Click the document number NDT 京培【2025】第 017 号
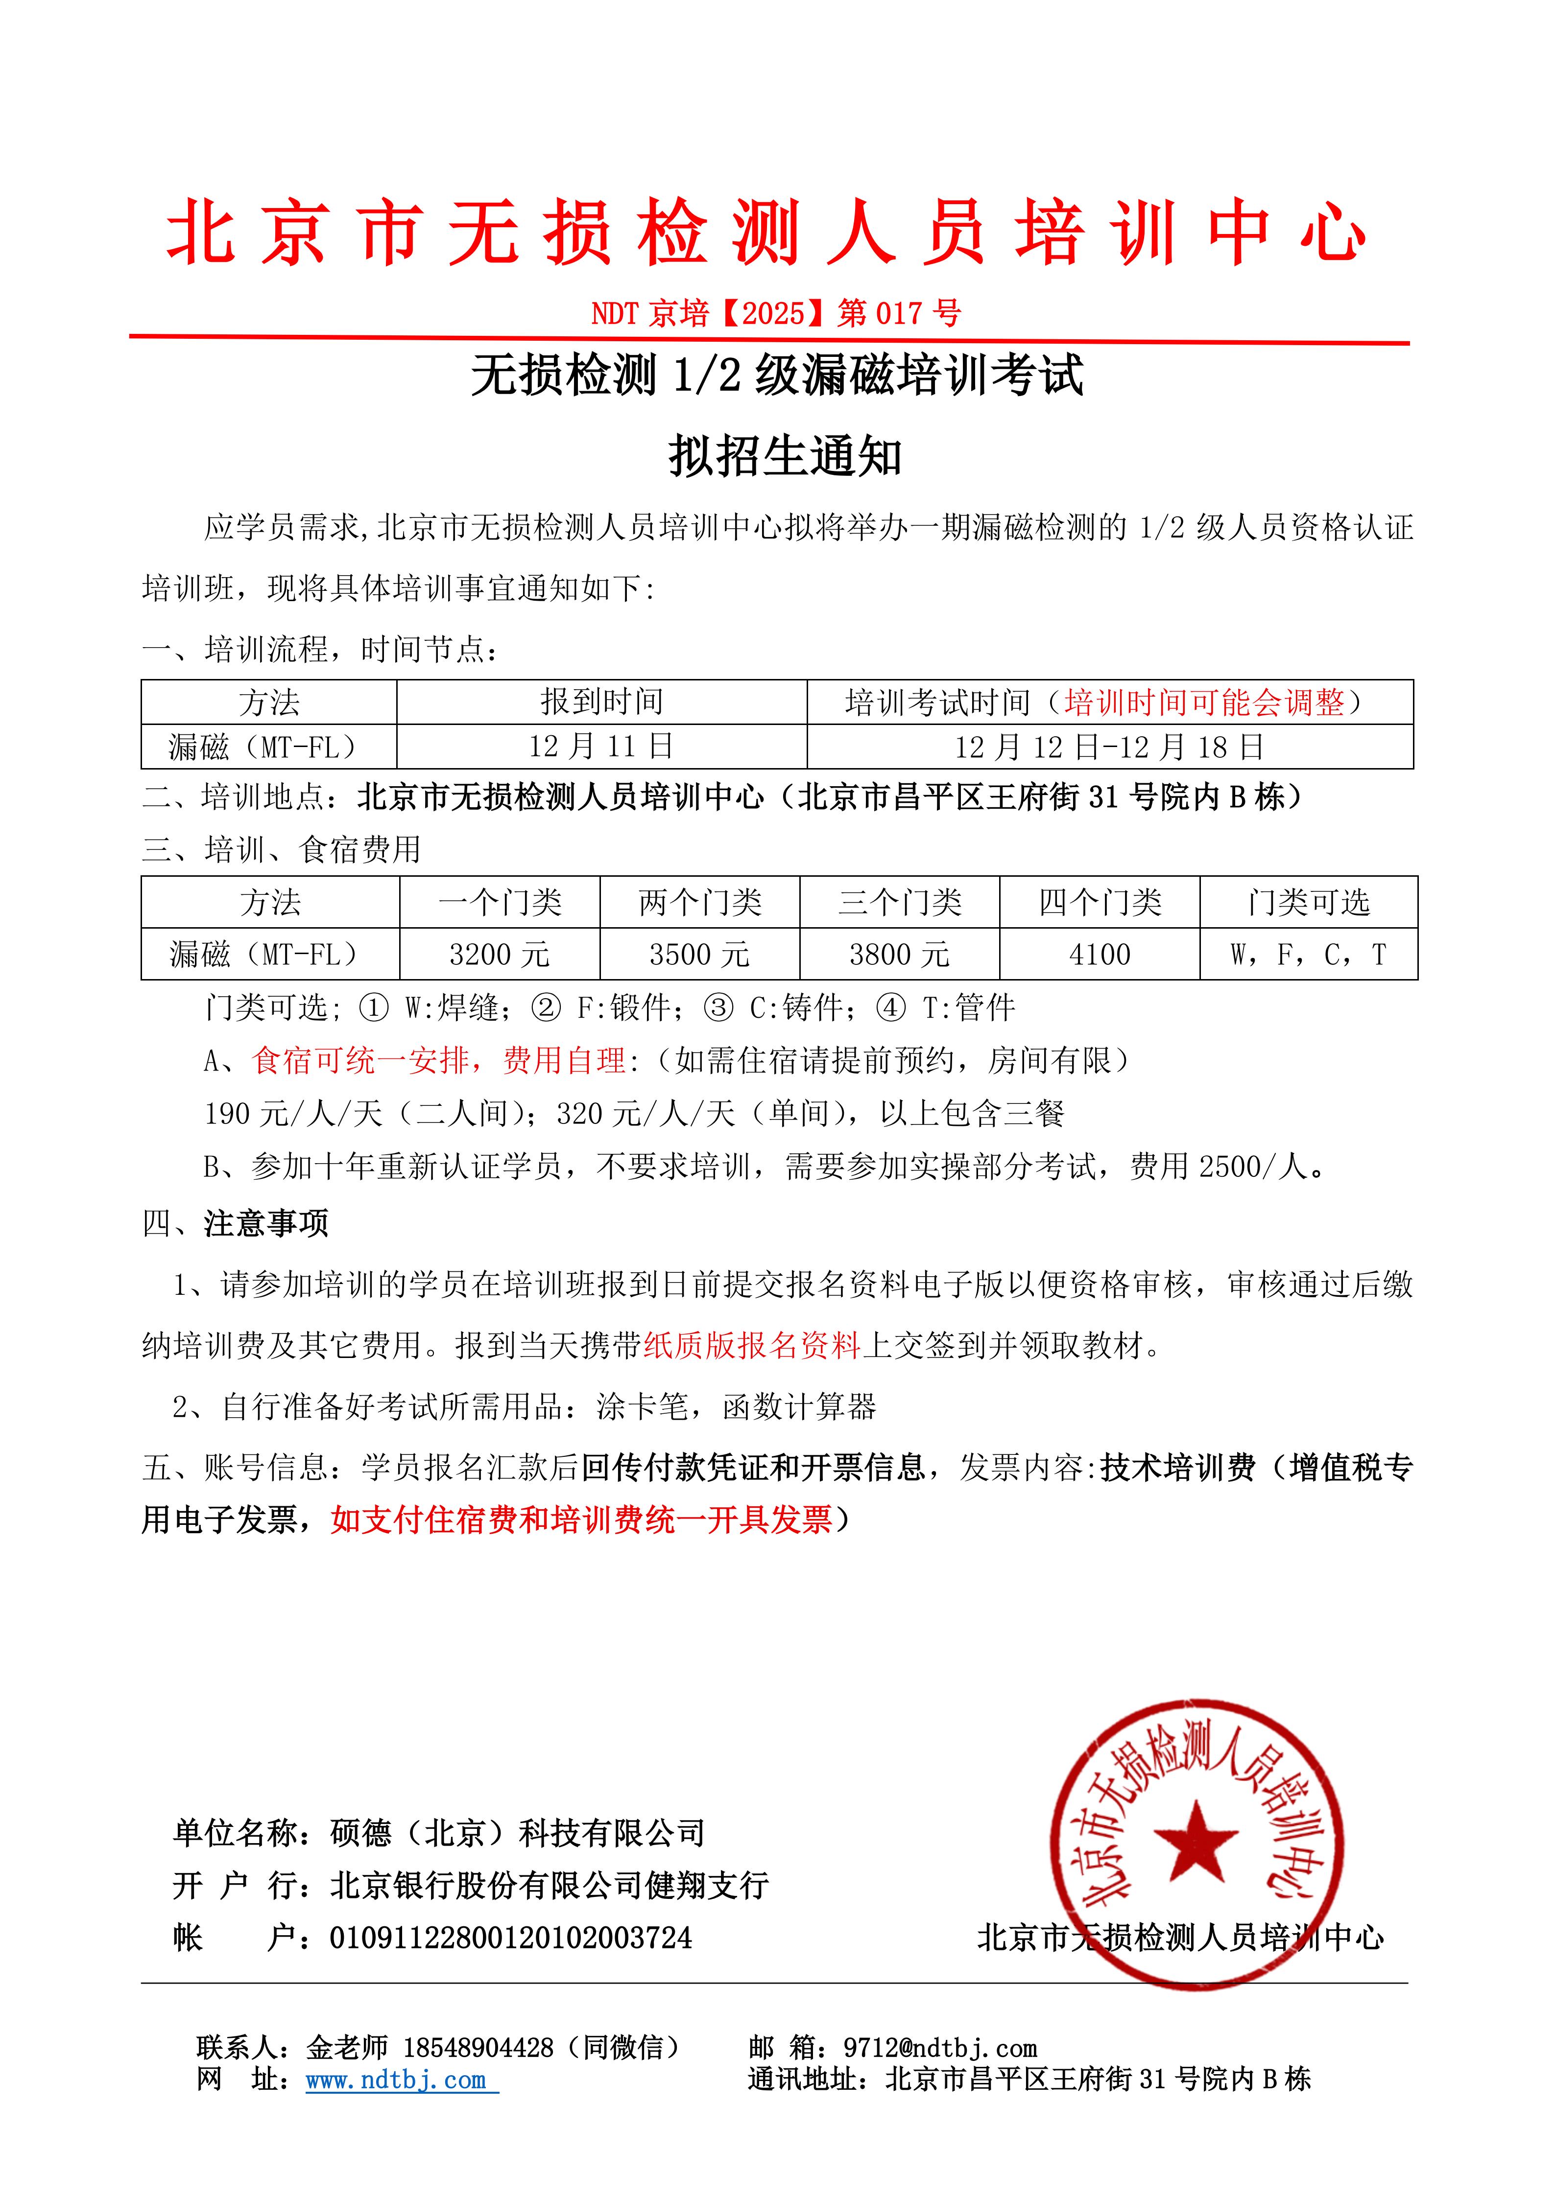pos(776,313)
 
